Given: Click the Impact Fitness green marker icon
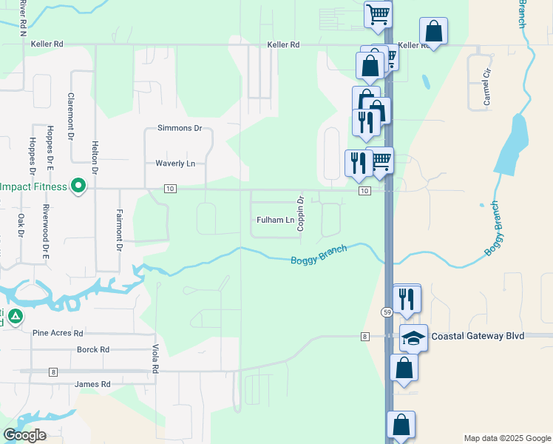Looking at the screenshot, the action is (77, 187).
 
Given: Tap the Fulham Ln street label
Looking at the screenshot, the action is (275, 220).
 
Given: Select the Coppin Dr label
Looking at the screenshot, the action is (301, 213).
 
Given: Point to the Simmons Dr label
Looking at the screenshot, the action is (180, 128).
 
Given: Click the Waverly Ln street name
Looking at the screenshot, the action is (175, 163).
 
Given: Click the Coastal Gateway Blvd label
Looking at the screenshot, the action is (478, 336).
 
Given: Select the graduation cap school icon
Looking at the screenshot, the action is (414, 337).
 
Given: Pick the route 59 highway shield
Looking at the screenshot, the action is (387, 312).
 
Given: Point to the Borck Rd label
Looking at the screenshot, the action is (93, 349).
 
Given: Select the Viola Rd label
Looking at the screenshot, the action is (155, 357).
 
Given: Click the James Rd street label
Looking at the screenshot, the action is (92, 384).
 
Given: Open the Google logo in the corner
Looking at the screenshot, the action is (24, 435).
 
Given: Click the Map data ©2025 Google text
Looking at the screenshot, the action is (507, 438).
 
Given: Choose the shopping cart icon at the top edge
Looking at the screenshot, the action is (379, 13).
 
